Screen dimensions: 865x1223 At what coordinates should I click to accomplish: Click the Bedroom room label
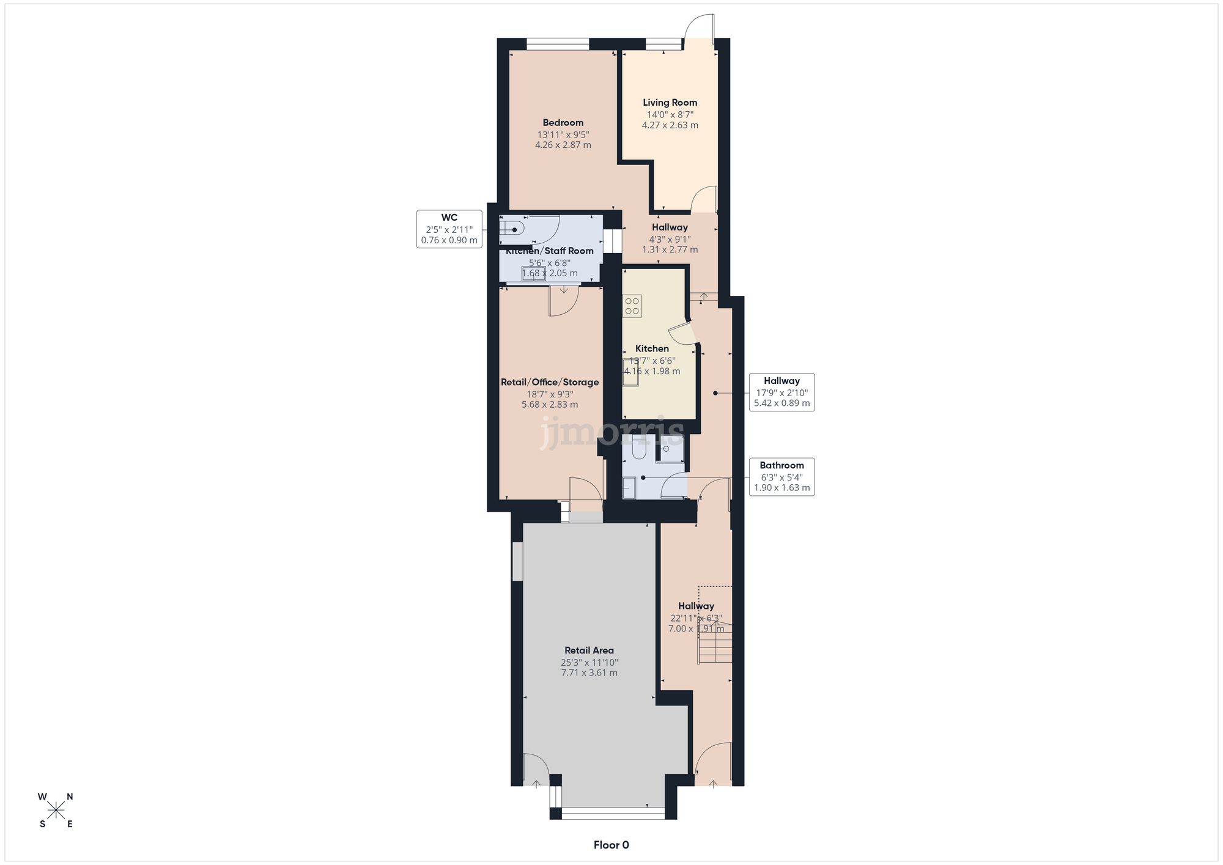point(563,123)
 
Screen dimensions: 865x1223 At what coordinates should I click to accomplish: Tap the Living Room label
point(670,103)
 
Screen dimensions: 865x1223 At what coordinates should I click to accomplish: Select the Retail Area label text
point(589,650)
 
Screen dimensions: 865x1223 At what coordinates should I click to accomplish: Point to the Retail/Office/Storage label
point(550,383)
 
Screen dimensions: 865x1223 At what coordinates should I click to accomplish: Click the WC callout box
point(449,229)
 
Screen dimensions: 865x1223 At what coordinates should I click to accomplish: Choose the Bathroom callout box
point(781,476)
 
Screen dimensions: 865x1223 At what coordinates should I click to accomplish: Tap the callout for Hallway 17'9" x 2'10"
point(781,392)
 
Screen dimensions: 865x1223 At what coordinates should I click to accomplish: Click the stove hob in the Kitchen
point(632,306)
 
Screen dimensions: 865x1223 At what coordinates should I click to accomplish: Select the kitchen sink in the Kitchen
point(630,372)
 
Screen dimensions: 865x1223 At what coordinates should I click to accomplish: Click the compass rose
point(56,811)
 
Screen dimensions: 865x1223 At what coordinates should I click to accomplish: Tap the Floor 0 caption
point(611,845)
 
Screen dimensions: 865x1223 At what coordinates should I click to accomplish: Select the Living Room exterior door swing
point(700,28)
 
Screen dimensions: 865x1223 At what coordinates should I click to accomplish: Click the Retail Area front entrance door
point(536,770)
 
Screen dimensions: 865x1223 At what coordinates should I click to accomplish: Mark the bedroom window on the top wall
point(558,44)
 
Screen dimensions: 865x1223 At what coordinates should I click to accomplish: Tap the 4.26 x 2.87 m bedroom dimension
point(563,145)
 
